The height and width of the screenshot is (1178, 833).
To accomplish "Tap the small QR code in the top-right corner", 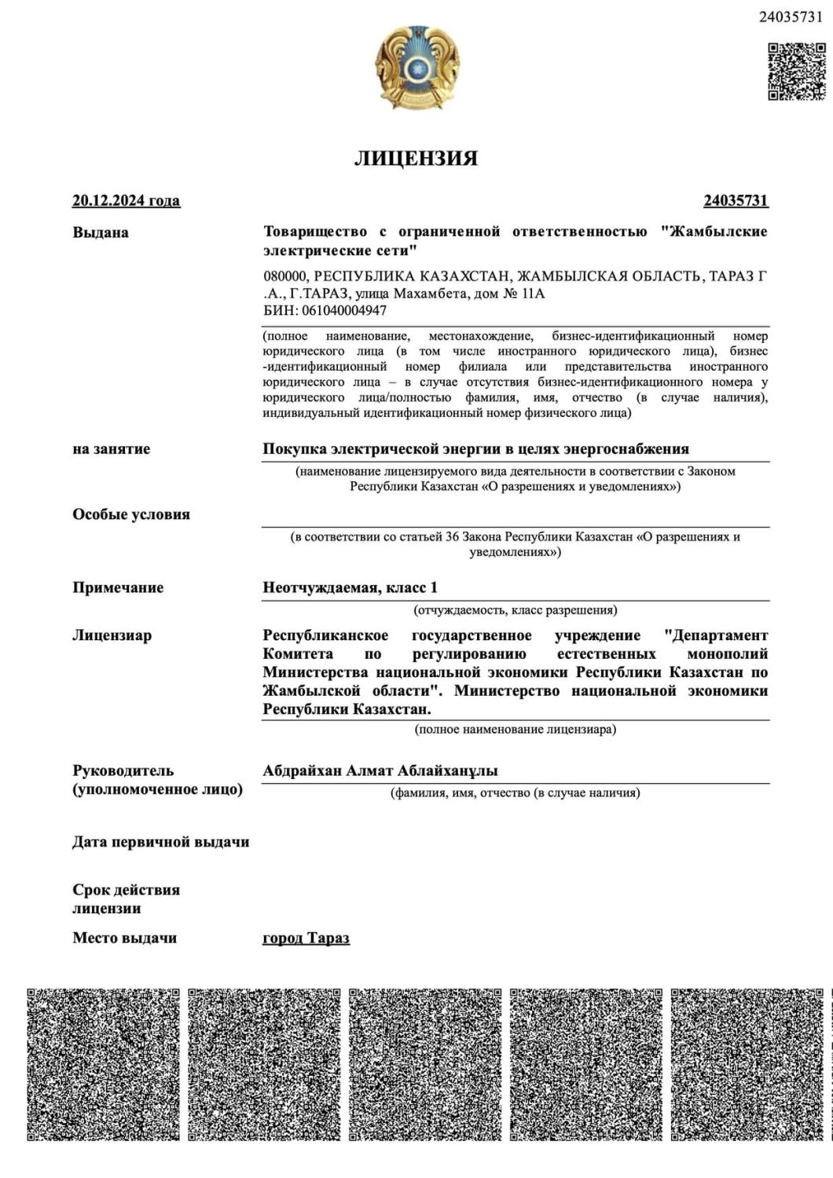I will pos(796,71).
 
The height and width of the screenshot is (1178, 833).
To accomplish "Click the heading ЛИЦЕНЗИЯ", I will pos(416,158).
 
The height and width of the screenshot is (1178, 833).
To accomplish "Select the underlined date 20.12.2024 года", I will pos(126,200).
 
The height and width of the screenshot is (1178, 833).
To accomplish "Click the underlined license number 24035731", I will pos(736,200).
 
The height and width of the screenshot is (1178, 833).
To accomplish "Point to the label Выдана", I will pos(101,232).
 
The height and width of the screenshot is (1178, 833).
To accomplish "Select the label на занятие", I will pos(111,449).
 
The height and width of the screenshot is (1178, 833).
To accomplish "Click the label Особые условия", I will pos(131,514).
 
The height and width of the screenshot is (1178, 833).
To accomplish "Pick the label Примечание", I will pos(118,587).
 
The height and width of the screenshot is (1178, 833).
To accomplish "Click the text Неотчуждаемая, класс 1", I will pos(350,587).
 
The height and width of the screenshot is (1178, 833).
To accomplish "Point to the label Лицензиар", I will pos(112,635).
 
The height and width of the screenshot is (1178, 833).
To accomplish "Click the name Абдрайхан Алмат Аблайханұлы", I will pos(380,771).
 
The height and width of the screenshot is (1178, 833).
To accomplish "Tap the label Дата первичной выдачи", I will pos(160,842).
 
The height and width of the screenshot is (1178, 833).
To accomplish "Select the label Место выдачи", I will pos(124,938).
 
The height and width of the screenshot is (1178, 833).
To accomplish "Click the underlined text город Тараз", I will pos(306,938).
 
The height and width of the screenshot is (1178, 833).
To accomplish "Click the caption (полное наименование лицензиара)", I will pos(515,730).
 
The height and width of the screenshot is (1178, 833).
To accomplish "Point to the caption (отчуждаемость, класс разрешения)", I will pos(515,610).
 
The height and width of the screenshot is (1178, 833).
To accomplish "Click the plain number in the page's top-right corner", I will pos(791,17).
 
